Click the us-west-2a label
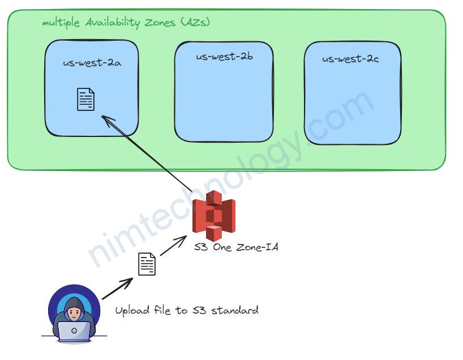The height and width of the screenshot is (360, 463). (x=92, y=63)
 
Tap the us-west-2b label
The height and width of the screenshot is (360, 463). (x=224, y=56)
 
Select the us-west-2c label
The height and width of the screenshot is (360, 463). (x=350, y=58)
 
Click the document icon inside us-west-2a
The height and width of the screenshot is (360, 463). (x=85, y=99)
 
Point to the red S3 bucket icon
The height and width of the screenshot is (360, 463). (x=214, y=216)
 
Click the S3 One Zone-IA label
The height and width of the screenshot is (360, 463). (x=236, y=247)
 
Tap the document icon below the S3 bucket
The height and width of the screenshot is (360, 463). (x=147, y=264)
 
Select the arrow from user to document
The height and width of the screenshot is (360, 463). (x=117, y=289)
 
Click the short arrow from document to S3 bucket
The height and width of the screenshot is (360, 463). (x=173, y=246)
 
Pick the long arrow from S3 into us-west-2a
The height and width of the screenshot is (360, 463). (x=147, y=153)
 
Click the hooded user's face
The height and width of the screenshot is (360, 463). (x=74, y=313)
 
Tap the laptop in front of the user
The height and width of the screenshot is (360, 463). (x=74, y=332)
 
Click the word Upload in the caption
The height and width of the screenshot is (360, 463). (x=132, y=311)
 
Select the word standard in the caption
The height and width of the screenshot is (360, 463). (x=235, y=310)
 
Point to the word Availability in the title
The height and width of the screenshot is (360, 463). (x=112, y=23)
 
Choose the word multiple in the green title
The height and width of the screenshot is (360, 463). (x=61, y=23)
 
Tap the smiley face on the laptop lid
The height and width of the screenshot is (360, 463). (x=74, y=331)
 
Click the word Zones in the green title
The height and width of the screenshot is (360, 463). (x=160, y=23)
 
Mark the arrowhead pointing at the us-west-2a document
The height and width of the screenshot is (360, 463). (x=107, y=121)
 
